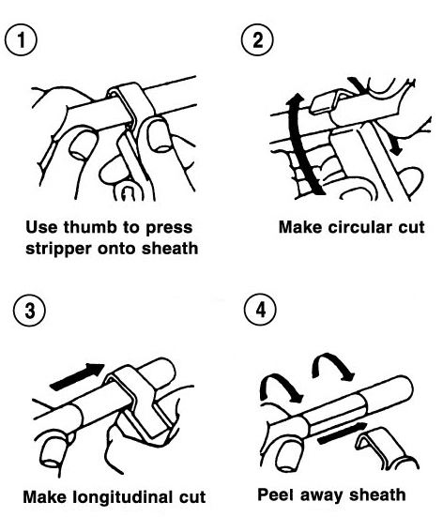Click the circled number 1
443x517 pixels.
21,39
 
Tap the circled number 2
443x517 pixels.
257,39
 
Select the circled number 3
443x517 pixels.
29,311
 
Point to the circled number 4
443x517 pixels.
260,310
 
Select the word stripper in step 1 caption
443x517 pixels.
59,249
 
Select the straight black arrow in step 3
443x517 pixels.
78,376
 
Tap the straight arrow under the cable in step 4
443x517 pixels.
343,433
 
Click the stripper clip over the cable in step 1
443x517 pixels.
132,109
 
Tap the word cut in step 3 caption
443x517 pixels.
192,497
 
